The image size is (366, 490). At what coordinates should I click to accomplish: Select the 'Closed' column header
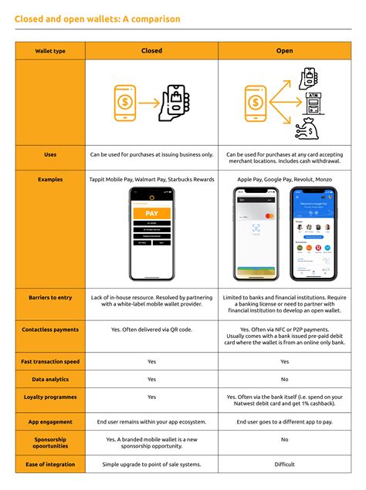click(x=151, y=51)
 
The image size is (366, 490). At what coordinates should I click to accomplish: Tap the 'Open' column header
click(x=284, y=51)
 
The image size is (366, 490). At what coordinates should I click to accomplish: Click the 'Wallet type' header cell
click(x=50, y=51)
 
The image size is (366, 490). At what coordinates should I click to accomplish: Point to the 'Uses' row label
click(x=50, y=155)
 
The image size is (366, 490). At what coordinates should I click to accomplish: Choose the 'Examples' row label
click(x=50, y=179)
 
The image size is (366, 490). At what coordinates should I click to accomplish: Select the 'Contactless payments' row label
click(x=50, y=329)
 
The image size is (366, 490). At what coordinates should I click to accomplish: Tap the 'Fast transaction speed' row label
click(x=50, y=361)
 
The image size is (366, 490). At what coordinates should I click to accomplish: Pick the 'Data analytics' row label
click(x=50, y=379)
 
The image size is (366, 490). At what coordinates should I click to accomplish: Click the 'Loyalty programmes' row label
click(x=50, y=397)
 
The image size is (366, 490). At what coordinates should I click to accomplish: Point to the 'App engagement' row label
click(x=50, y=422)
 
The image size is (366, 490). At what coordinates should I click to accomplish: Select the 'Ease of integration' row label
click(x=50, y=465)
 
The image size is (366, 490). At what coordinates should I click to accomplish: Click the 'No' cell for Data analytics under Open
click(x=284, y=379)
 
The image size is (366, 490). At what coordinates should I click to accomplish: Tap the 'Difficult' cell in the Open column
click(x=284, y=465)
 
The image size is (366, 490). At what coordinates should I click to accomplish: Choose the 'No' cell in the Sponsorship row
click(x=284, y=439)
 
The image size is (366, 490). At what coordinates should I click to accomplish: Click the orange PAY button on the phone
click(x=152, y=213)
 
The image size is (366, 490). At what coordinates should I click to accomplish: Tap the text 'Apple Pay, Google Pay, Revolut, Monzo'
click(x=284, y=179)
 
